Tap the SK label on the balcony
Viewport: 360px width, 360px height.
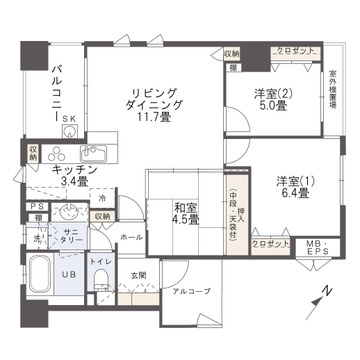[69, 119]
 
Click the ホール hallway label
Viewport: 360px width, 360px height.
[130, 237]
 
